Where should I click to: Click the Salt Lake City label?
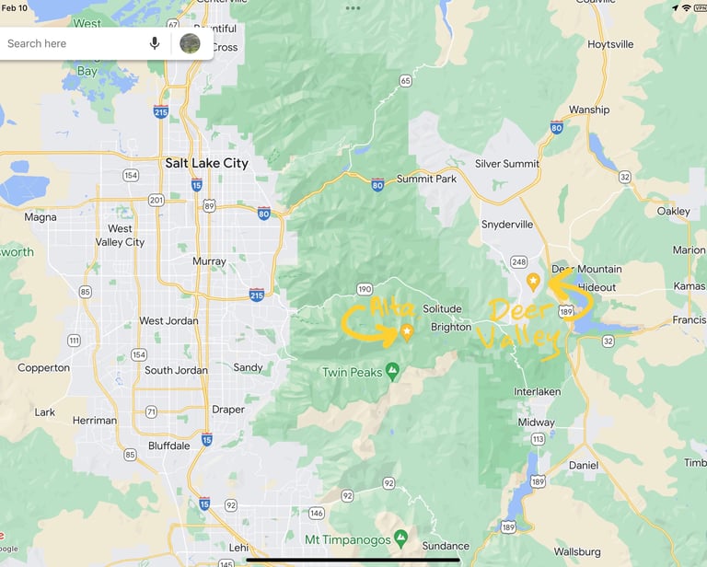(206, 163)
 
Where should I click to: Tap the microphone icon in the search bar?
(155, 43)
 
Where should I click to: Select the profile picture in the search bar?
(190, 43)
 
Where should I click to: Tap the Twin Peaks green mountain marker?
(393, 371)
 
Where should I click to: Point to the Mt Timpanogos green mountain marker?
(400, 538)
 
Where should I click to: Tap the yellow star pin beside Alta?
(407, 331)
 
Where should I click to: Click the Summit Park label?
(426, 179)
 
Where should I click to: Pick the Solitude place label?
(442, 309)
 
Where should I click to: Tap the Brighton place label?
(451, 327)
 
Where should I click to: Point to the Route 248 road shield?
(518, 261)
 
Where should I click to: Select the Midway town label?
(537, 422)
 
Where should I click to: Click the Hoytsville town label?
(610, 44)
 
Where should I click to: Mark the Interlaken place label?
(537, 391)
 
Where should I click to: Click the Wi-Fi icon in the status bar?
(686, 7)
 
